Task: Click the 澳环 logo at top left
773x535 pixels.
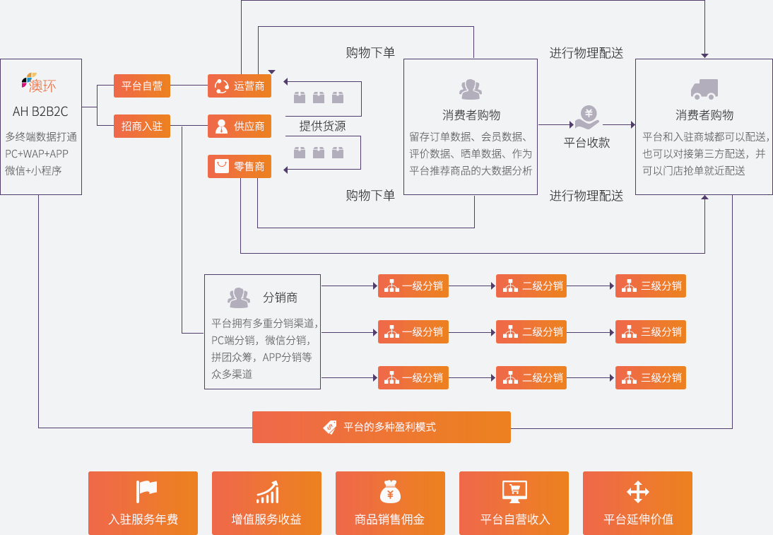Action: pos(39,83)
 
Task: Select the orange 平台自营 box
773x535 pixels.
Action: pos(142,86)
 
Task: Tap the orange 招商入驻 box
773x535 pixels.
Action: pos(142,127)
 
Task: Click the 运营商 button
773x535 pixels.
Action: pos(240,86)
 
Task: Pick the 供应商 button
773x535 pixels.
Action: pos(240,127)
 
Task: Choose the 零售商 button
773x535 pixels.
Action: pos(240,167)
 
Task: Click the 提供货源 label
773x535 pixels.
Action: pos(322,126)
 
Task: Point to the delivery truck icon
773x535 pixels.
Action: pos(704,89)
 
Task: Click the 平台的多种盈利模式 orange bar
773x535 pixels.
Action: pos(382,427)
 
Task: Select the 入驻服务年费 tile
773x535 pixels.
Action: pos(143,503)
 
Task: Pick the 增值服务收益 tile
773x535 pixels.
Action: pos(266,503)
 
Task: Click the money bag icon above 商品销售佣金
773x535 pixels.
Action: pos(390,491)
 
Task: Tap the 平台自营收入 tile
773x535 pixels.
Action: pos(514,503)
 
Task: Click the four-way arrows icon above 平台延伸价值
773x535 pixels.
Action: pos(637,491)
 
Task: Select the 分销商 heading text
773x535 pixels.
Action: pos(280,298)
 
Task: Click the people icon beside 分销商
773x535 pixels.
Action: pos(239,298)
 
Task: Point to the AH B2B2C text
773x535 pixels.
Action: pos(40,111)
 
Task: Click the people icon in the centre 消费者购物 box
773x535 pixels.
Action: pos(471,89)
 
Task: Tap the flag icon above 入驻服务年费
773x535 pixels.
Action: pos(146,490)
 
